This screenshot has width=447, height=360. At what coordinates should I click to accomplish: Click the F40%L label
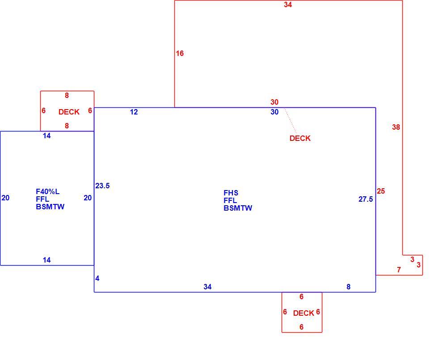[x=48, y=192]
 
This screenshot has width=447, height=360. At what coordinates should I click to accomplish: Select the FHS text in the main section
[x=231, y=193]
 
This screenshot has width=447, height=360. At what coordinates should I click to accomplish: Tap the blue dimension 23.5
[x=103, y=186]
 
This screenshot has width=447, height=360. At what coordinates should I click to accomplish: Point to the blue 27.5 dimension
[x=366, y=199]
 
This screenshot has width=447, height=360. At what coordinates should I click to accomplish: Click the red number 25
[x=381, y=191]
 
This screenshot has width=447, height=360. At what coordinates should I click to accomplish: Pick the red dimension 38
[x=396, y=127]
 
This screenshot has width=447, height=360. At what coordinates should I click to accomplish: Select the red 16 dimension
[x=180, y=53]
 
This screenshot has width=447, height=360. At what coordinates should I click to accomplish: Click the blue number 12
[x=134, y=112]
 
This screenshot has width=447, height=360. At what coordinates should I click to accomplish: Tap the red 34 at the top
[x=288, y=4]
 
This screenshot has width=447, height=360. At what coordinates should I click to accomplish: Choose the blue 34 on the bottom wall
[x=207, y=287]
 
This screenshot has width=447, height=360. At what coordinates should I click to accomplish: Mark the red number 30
[x=274, y=102]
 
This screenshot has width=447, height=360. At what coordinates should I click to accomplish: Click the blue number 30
[x=274, y=112]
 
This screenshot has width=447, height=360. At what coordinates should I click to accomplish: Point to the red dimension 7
[x=399, y=270]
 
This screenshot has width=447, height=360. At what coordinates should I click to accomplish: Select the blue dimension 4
[x=97, y=279]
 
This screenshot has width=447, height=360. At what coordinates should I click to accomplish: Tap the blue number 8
[x=348, y=287]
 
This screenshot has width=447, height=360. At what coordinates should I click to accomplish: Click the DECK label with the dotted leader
[x=300, y=138]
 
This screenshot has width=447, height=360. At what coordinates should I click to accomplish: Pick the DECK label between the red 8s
[x=69, y=112]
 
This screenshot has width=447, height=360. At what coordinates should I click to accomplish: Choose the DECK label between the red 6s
[x=304, y=313]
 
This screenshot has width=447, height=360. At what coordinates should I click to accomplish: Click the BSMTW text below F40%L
[x=50, y=207]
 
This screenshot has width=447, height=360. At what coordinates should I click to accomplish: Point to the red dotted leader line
[x=290, y=120]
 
